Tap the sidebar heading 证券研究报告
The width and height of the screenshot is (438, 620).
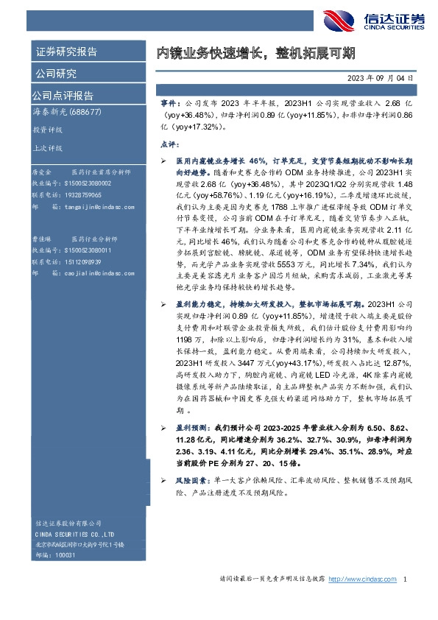click(x=66, y=52)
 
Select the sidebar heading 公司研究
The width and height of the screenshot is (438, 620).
click(x=56, y=74)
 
